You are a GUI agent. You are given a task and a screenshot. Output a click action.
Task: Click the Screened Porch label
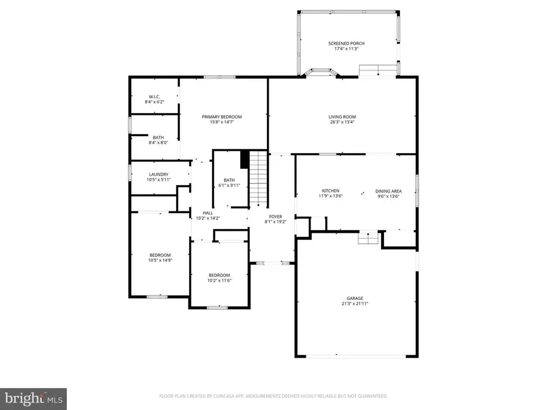click(346, 44)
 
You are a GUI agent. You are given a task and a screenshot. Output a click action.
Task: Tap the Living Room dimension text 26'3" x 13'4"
click(342, 122)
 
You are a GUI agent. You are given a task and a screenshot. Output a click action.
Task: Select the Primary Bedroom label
click(222, 117)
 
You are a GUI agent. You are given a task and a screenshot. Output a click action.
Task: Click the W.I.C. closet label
click(154, 97)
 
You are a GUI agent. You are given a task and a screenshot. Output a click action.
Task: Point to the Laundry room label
click(157, 174)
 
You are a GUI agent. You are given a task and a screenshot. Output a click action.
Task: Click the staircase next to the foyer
click(259, 179)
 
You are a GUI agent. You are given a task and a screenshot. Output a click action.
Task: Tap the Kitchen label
click(330, 191)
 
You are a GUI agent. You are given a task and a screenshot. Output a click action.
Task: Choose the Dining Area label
click(388, 191)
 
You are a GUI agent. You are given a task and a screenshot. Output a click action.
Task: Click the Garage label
click(355, 298)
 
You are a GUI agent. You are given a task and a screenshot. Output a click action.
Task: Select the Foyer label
click(273, 216)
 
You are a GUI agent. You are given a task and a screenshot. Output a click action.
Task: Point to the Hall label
click(208, 213)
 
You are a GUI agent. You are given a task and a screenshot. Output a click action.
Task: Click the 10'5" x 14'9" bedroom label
click(160, 255)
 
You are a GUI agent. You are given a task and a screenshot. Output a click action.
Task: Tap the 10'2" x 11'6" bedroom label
click(219, 275)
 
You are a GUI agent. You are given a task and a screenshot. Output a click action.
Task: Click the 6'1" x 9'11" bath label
click(229, 180)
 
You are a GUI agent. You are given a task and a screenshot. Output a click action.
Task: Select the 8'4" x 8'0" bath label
click(158, 137)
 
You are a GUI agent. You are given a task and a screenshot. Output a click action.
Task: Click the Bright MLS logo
click(33, 398)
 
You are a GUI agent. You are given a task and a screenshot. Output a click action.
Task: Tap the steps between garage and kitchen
click(367, 239)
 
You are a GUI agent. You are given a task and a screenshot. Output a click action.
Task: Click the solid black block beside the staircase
click(244, 159)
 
